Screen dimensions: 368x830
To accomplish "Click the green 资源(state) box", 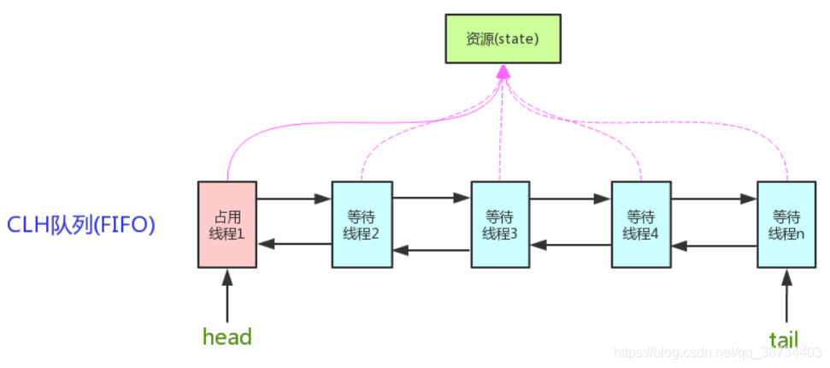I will (x=503, y=39).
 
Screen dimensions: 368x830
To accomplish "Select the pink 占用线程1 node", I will (x=227, y=224).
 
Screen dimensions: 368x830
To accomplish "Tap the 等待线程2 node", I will (x=362, y=224).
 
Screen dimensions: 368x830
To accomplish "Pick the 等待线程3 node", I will (x=501, y=224).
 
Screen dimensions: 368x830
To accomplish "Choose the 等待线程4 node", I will (x=641, y=224).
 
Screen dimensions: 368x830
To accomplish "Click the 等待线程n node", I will (x=786, y=224).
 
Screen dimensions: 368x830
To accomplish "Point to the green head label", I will (x=227, y=337).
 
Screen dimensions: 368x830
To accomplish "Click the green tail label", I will (x=783, y=340).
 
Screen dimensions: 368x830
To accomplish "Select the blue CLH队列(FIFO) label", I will (x=81, y=225).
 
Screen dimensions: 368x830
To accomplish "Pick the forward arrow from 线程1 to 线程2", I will (x=294, y=199).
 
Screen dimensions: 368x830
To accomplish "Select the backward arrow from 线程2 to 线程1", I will (x=294, y=244).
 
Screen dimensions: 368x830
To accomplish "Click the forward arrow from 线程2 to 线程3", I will (x=432, y=199).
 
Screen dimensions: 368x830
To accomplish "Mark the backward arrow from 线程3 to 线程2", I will (x=432, y=251).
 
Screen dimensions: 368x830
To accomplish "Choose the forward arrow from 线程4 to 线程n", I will (x=714, y=199).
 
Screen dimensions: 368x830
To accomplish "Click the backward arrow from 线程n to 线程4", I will (x=714, y=246).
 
